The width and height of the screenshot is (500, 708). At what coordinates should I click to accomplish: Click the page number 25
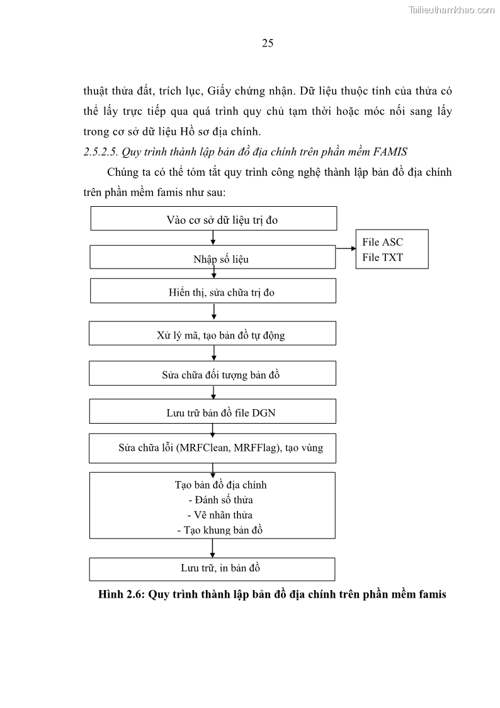pos(267,44)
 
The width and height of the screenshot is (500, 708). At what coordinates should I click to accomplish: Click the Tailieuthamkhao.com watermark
pos(452,9)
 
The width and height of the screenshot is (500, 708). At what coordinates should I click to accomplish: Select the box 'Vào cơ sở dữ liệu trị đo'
pos(213,219)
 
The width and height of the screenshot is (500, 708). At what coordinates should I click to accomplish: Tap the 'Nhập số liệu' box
pos(213,258)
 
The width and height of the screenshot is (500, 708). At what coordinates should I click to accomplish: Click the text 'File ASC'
pos(383,242)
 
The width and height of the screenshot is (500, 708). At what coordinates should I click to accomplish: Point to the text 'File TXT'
pos(383,257)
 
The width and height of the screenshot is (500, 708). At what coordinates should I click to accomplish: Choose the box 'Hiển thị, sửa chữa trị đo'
pos(213,291)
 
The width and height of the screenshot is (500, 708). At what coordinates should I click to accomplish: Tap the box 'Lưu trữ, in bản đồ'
pos(213,568)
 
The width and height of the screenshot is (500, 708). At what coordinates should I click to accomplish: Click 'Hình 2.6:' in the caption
pos(122,594)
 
